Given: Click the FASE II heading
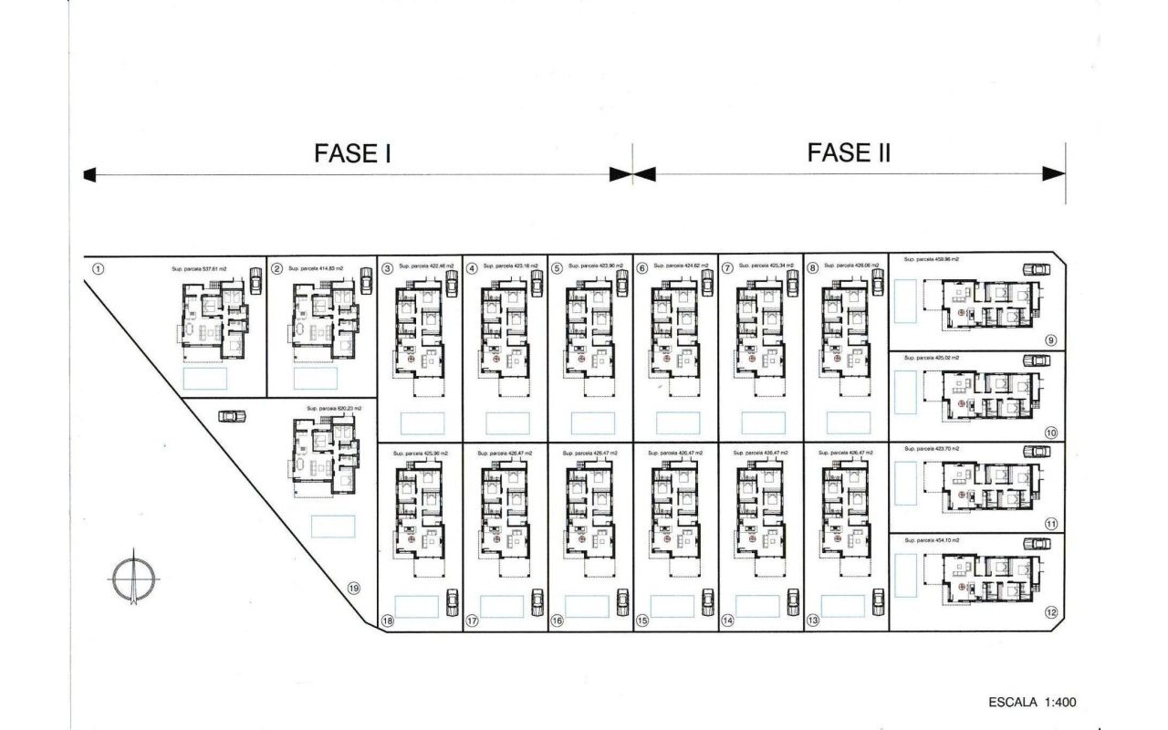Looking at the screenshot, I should [849, 152].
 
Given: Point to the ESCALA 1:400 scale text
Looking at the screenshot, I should [1032, 703].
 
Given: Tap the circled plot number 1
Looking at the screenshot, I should [99, 268].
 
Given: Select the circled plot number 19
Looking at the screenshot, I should [354, 589].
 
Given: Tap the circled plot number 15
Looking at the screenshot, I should [642, 620].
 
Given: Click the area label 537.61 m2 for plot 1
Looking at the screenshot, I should [199, 269].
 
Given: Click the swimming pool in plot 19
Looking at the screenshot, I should [333, 527].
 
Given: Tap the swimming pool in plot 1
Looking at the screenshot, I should [205, 379].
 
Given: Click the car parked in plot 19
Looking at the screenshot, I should [233, 416].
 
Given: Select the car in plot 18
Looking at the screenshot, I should [451, 602].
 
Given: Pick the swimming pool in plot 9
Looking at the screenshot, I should [907, 301].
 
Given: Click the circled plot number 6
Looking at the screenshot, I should [642, 268].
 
